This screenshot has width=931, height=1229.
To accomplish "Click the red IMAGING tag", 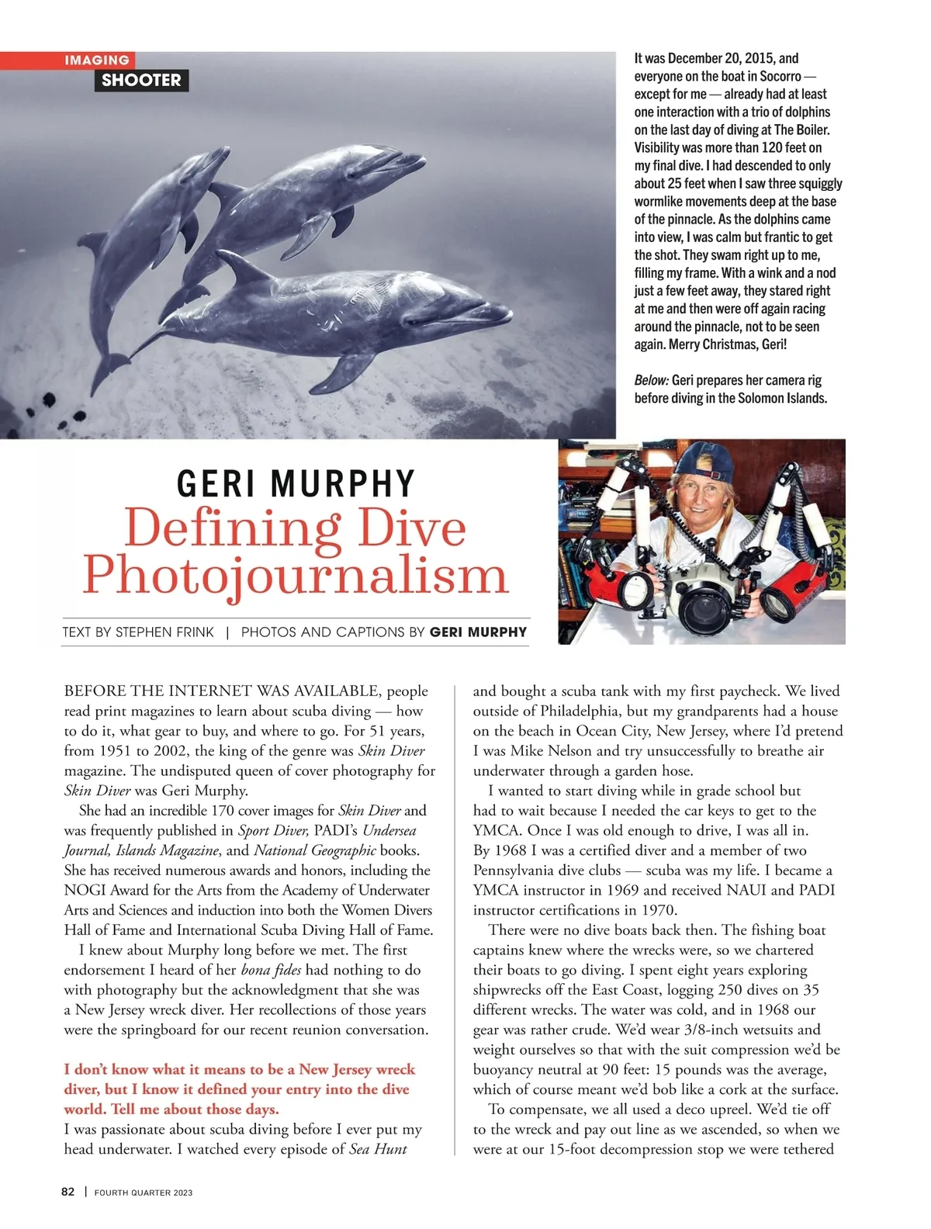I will (x=96, y=61).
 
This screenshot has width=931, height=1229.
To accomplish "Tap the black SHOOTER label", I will (x=141, y=80).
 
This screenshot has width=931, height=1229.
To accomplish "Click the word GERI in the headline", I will (x=219, y=483).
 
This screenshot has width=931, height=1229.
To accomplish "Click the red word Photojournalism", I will (x=295, y=576).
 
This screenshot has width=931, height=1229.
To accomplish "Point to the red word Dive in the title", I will (x=404, y=528).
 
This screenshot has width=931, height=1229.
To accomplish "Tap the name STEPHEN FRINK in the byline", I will (x=164, y=632).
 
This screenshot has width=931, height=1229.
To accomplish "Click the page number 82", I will (x=68, y=1192).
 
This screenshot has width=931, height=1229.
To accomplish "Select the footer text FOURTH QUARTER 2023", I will (x=144, y=1193).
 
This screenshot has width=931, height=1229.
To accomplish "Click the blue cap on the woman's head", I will (x=702, y=463).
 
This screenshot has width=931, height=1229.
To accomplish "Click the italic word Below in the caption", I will (x=651, y=380).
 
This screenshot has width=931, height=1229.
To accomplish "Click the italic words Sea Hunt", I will (x=378, y=1149).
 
